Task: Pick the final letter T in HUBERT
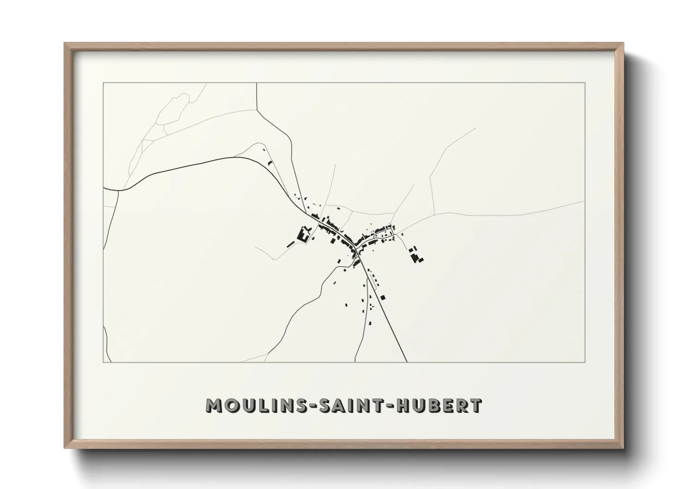pyautogui.click(x=476, y=405)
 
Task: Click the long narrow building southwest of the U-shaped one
pyautogui.click(x=291, y=244)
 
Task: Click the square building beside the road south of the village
pyautogui.click(x=383, y=297)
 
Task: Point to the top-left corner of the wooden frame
pyautogui.click(x=65, y=43)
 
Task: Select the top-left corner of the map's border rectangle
pyautogui.click(x=103, y=83)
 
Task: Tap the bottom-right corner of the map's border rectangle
pyautogui.click(x=585, y=362)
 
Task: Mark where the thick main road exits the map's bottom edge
pyautogui.click(x=407, y=361)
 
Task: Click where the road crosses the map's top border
pyautogui.click(x=256, y=83)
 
